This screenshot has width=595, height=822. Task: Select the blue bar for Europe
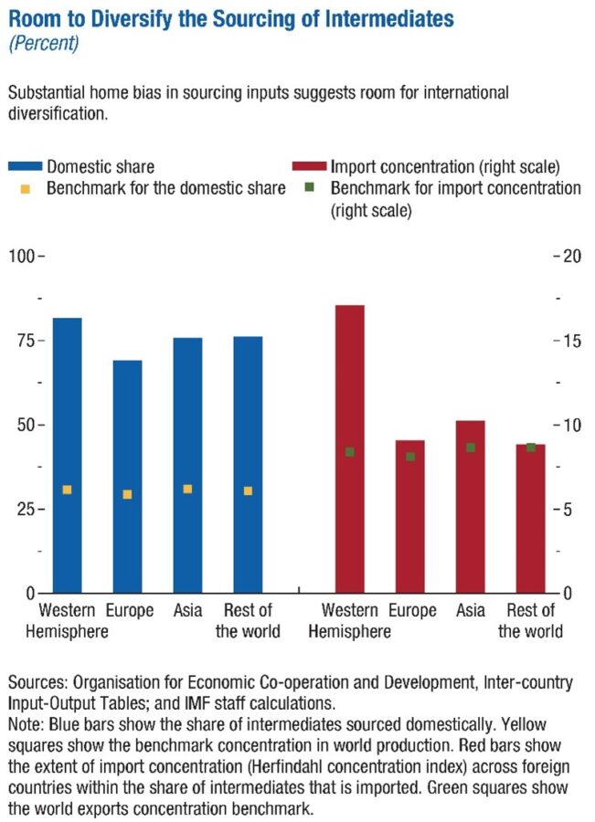127,476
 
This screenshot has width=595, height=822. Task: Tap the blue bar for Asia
187,465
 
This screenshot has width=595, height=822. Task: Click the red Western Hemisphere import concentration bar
350,448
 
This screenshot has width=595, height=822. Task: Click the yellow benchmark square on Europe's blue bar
127,494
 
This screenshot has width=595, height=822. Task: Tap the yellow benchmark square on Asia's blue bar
187,490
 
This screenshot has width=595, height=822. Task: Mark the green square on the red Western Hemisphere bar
350,452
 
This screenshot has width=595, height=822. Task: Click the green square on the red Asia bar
471,448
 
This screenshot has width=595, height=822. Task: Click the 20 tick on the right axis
572,256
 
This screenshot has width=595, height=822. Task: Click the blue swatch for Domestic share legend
25,167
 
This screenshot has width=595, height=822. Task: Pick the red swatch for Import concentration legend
309,167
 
